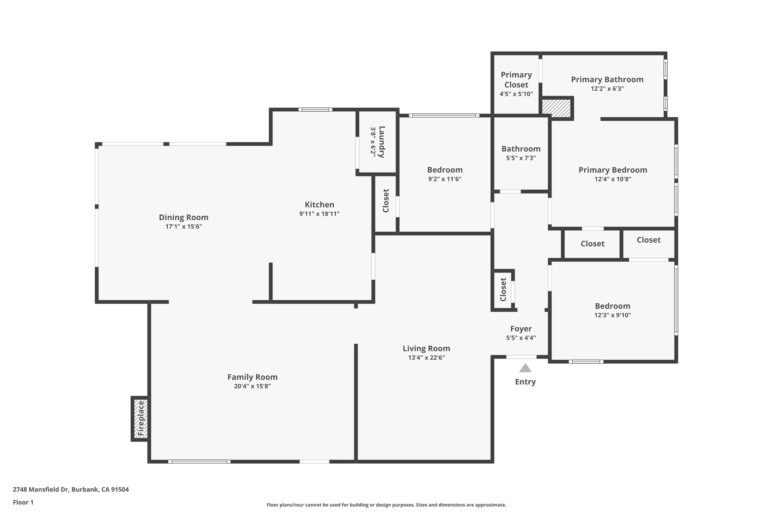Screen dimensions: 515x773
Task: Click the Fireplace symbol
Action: pos(140,418)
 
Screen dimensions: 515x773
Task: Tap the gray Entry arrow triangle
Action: pos(525,368)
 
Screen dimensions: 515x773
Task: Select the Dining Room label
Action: pos(183,217)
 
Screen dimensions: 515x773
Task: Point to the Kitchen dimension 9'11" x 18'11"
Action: pos(319,214)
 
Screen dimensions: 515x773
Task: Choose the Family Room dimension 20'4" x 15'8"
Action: pos(252,386)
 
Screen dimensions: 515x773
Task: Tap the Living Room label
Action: pos(426,349)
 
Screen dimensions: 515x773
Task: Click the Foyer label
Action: pos(521,329)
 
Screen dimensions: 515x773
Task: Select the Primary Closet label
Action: pos(516,80)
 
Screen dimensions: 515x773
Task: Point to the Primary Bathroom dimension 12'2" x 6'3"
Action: pos(607,89)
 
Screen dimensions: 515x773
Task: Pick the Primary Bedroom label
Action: pos(613,170)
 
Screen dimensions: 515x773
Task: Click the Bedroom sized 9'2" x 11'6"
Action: pos(445,170)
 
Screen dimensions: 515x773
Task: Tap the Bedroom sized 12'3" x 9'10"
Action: pos(612,306)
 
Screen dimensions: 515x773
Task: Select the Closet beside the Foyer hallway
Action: pos(503,289)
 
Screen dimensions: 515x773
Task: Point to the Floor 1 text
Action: pos(23,502)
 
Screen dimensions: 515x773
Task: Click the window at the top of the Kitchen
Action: pos(315,110)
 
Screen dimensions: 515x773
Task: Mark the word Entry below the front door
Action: pos(525,382)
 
